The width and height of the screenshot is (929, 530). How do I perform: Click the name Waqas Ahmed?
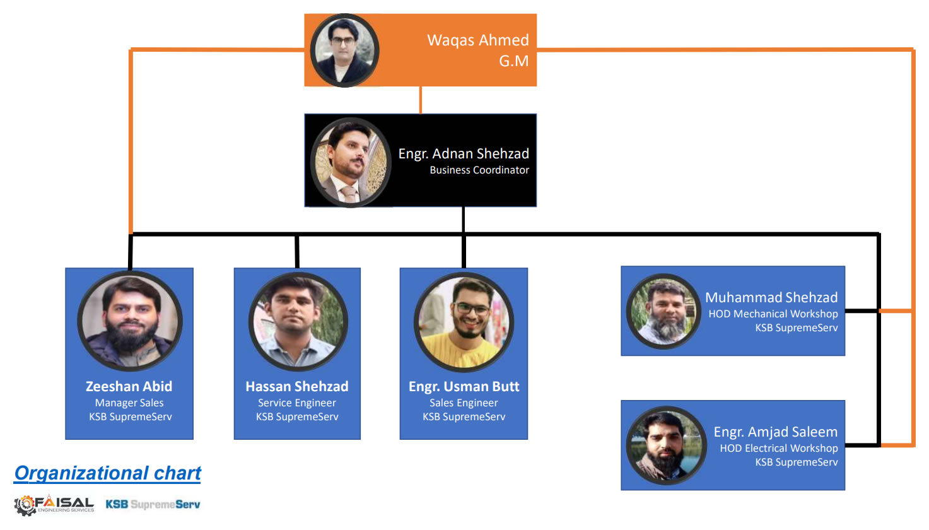(477, 40)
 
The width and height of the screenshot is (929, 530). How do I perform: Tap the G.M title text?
(513, 61)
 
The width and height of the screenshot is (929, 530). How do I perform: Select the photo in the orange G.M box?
(344, 50)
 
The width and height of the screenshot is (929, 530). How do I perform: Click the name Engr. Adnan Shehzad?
(463, 153)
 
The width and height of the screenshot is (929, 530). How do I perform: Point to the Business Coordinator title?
(479, 170)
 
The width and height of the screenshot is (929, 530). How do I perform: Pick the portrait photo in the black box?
(351, 162)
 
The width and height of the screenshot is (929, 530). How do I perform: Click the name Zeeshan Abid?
(129, 386)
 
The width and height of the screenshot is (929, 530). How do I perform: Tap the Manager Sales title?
(129, 403)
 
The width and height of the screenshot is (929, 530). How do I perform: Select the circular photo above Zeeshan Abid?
(130, 321)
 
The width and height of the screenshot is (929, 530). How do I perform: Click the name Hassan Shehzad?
(296, 386)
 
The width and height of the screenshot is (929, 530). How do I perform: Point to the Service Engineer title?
(296, 403)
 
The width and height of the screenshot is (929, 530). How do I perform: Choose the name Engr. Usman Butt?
(464, 386)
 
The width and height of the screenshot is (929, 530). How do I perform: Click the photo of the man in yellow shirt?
(464, 322)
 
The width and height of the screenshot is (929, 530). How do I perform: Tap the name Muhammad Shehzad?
(771, 297)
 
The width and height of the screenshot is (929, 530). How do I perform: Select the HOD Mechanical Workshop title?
(773, 314)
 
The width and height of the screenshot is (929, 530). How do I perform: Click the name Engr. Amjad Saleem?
(775, 432)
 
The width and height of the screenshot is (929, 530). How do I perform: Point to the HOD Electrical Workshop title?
(778, 448)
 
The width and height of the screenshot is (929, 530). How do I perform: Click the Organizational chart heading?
(107, 473)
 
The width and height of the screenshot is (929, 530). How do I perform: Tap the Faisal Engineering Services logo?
(54, 505)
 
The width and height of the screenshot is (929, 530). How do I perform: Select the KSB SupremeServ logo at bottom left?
(153, 504)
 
